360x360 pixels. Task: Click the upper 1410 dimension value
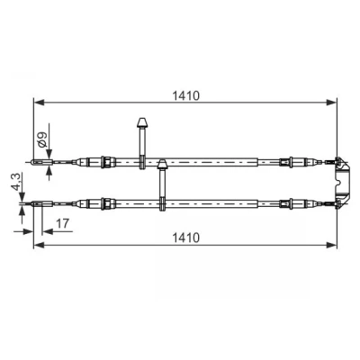coord(185,95)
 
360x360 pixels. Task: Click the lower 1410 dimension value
coord(185,238)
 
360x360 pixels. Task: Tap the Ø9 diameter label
coord(42,139)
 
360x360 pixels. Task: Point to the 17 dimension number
coord(63,223)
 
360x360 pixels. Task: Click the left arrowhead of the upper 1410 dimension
coord(40,103)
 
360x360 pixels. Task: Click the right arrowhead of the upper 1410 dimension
coord(331,103)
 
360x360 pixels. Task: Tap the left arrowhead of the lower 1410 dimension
coord(40,245)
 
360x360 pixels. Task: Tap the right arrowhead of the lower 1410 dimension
coord(331,245)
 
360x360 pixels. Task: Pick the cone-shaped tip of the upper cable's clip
coord(141,122)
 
